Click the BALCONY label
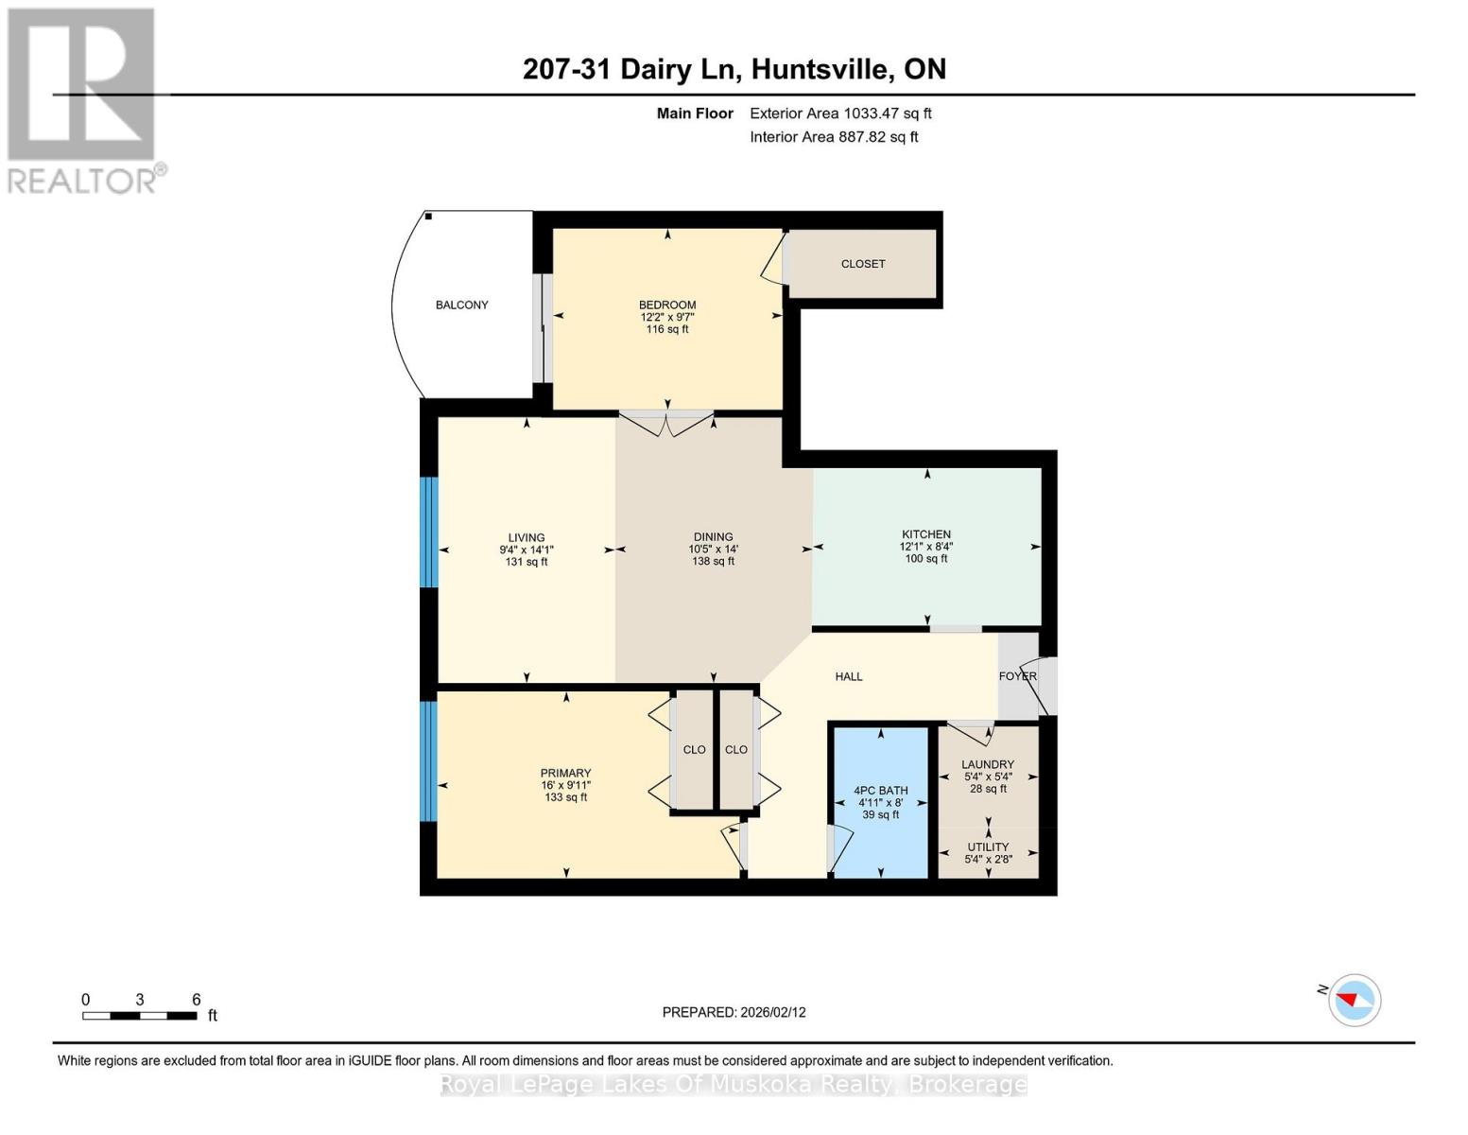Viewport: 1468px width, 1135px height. pyautogui.click(x=461, y=305)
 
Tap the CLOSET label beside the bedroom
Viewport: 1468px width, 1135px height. pyautogui.click(x=862, y=264)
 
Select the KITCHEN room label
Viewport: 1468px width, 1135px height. pyautogui.click(x=925, y=534)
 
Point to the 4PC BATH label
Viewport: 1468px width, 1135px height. pyautogui.click(x=880, y=791)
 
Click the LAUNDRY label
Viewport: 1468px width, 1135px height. pyautogui.click(x=988, y=764)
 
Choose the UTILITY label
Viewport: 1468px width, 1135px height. pyautogui.click(x=988, y=847)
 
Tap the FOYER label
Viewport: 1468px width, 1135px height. pyautogui.click(x=1017, y=676)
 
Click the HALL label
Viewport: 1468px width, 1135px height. pyautogui.click(x=848, y=676)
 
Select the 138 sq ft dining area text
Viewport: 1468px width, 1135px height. pyautogui.click(x=713, y=562)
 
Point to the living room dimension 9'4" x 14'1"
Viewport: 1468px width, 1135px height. pyautogui.click(x=527, y=550)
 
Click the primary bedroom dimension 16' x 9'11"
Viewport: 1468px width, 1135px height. pyautogui.click(x=565, y=785)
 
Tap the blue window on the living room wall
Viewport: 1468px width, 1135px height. pyautogui.click(x=429, y=532)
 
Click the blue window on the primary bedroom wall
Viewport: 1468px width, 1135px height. pyautogui.click(x=429, y=761)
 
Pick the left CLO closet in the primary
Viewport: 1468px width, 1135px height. pyautogui.click(x=694, y=749)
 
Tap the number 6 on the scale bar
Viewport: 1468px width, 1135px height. pyautogui.click(x=197, y=1000)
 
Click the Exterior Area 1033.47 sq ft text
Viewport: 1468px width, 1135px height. pyautogui.click(x=840, y=113)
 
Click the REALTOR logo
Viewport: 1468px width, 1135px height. pyautogui.click(x=83, y=99)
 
